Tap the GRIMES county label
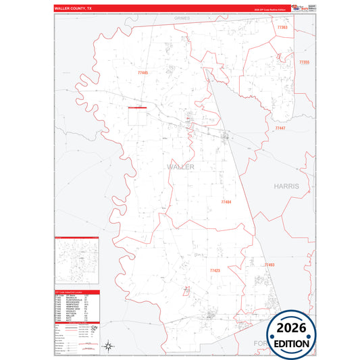183,18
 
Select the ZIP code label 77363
282,26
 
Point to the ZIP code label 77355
303,62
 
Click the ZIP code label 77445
142,72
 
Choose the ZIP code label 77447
280,128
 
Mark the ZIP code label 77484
226,201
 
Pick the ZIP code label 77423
215,270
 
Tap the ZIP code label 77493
269,265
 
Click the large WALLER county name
180,166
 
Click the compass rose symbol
108,346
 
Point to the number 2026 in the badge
291,328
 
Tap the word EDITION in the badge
291,344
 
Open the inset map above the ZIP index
77,263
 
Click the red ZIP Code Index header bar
77,293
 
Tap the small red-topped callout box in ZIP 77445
137,107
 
